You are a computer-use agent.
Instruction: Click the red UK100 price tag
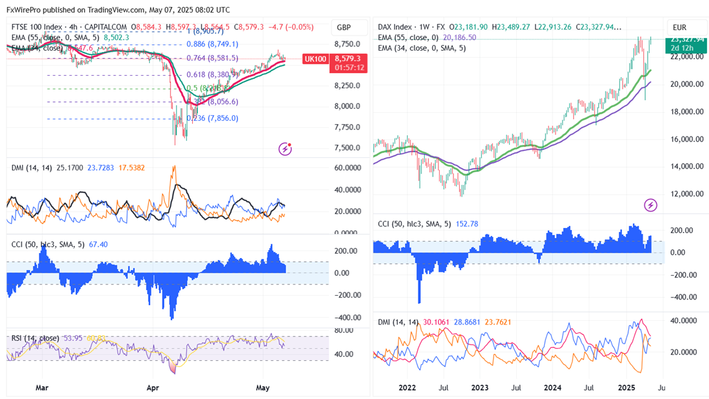coord(315,59)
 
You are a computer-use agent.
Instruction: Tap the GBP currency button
coord(344,28)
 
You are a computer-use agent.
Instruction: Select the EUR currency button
coord(680,28)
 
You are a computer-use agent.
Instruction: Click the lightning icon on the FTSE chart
coord(285,148)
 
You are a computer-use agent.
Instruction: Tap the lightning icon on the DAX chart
coord(651,205)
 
